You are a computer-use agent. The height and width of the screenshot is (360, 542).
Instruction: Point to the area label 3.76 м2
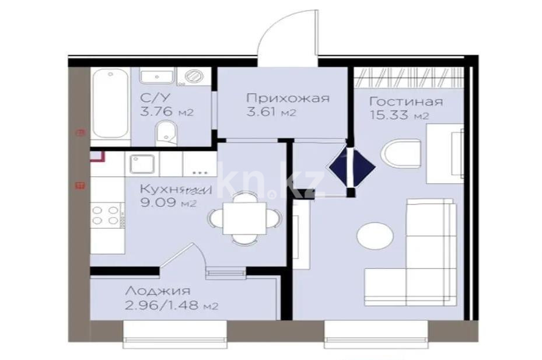(166, 113)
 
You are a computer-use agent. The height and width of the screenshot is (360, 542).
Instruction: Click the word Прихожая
(287, 98)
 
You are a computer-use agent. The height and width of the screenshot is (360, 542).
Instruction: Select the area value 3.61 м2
(271, 113)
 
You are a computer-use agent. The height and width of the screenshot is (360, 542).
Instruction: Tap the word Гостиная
(405, 102)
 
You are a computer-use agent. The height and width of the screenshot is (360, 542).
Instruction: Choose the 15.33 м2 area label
(400, 116)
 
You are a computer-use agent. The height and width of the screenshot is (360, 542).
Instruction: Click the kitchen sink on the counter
(142, 164)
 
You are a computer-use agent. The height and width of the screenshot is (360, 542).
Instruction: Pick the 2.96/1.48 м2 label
(172, 306)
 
